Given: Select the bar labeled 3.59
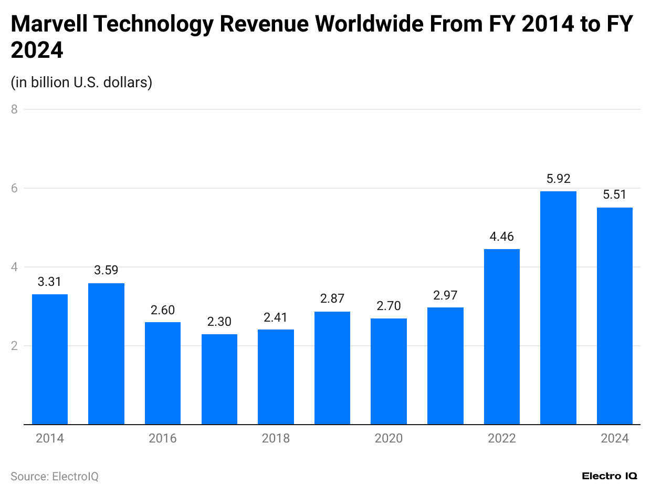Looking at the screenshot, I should point(106,354).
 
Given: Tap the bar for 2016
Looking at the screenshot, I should point(163,373).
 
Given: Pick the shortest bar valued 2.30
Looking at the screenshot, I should point(219,379).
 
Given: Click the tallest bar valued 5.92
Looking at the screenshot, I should point(558,307).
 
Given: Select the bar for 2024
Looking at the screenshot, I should point(614,316).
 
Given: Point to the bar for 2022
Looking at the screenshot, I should point(501,336).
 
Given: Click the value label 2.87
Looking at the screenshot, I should point(332,299).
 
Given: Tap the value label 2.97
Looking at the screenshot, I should point(445,295).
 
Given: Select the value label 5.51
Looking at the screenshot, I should point(614,194).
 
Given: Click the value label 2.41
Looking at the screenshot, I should point(276,317).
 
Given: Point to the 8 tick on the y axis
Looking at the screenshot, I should point(14,109).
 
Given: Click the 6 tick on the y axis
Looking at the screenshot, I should point(14,188).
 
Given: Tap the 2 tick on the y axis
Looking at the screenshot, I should point(14,346).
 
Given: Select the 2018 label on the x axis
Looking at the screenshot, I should point(276,438).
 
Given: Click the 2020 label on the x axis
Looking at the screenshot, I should point(388,438).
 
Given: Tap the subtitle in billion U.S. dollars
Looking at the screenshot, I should point(81,82).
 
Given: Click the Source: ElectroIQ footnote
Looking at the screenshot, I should point(55,476).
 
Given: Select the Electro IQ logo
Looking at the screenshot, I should point(610,476).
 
